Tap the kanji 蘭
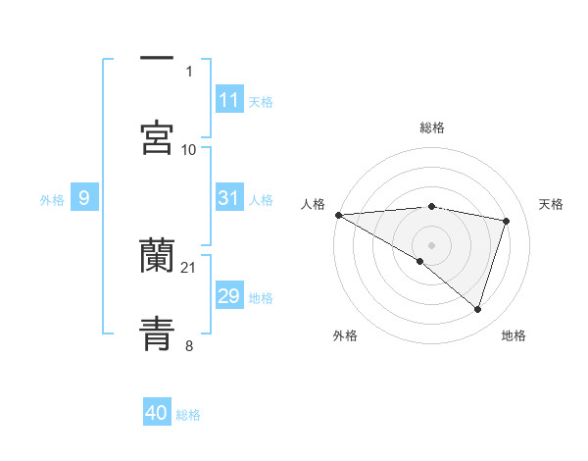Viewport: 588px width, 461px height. tap(157, 257)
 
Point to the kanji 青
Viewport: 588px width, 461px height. tap(157, 332)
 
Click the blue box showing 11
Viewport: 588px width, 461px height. tap(229, 99)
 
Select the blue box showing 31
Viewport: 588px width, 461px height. tap(229, 198)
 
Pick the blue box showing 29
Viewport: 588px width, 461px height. tap(229, 296)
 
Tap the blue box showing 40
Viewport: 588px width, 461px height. tap(157, 413)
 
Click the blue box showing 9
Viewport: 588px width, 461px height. tap(84, 198)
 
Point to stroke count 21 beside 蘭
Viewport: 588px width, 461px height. tap(189, 267)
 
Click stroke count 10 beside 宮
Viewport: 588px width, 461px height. tap(189, 149)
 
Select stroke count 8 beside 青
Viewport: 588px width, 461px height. tap(189, 344)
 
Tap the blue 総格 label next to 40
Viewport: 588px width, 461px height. tap(189, 415)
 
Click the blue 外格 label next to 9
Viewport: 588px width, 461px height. tap(52, 199)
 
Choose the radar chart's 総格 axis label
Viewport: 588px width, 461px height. tap(432, 128)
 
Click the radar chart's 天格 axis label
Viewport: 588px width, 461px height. tap(552, 204)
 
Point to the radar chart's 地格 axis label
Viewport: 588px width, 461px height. tap(514, 335)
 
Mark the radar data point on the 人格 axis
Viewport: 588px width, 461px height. tap(338, 215)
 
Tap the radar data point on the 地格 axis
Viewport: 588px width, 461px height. tap(478, 310)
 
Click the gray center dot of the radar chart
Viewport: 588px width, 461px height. tap(431, 244)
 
